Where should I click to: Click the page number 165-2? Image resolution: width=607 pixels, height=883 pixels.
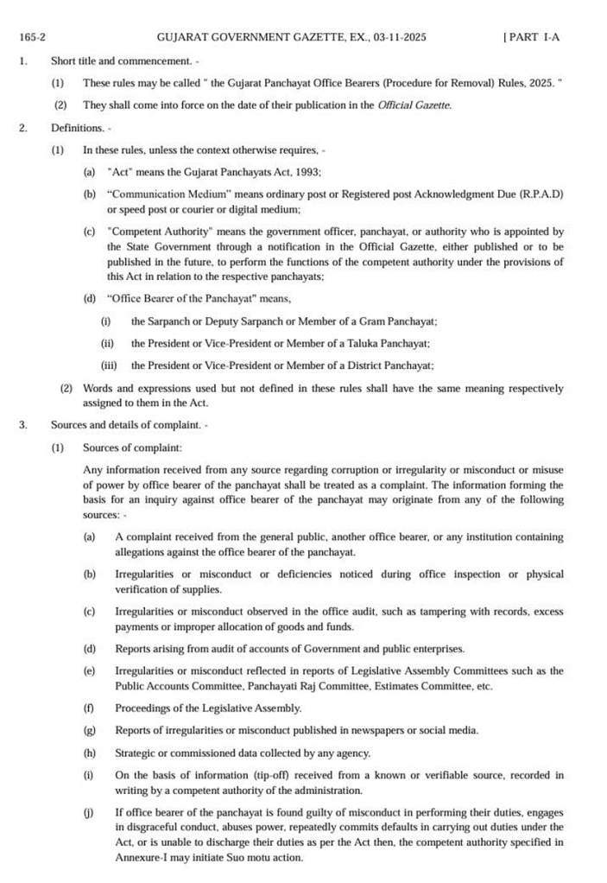click(x=32, y=38)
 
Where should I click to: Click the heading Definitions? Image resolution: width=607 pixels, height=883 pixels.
click(x=78, y=128)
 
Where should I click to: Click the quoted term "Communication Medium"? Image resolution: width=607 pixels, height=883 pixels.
click(x=161, y=194)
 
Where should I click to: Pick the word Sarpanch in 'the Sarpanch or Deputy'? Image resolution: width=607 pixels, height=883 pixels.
click(x=172, y=321)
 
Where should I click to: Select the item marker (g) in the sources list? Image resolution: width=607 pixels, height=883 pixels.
click(x=89, y=730)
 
